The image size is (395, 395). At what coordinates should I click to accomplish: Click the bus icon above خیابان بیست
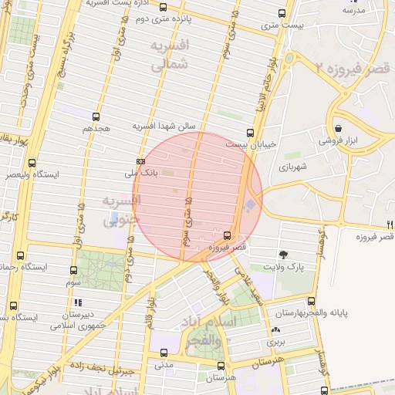point(248,132)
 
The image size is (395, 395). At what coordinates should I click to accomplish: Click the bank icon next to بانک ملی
point(140,161)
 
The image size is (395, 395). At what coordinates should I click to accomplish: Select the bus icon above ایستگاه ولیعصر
point(32,163)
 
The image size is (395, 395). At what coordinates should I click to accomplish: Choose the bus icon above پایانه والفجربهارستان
point(311,301)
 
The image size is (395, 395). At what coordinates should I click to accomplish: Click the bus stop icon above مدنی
point(164,353)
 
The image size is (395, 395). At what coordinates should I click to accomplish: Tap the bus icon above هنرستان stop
point(221,366)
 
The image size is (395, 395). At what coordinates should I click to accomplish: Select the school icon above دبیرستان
point(77,302)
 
